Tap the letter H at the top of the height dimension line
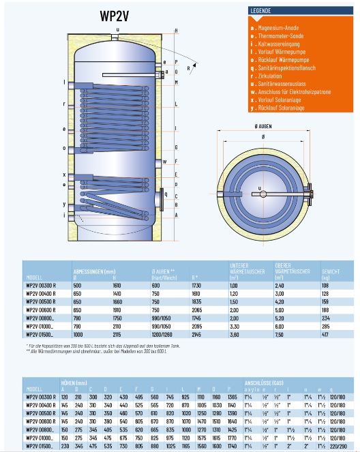[x=175, y=31]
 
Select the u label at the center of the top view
[x=260, y=188]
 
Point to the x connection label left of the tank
[x=64, y=175]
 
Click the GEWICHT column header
[x=331, y=271]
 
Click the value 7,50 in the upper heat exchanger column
[x=280, y=335]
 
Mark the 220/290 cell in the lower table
[x=337, y=445]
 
